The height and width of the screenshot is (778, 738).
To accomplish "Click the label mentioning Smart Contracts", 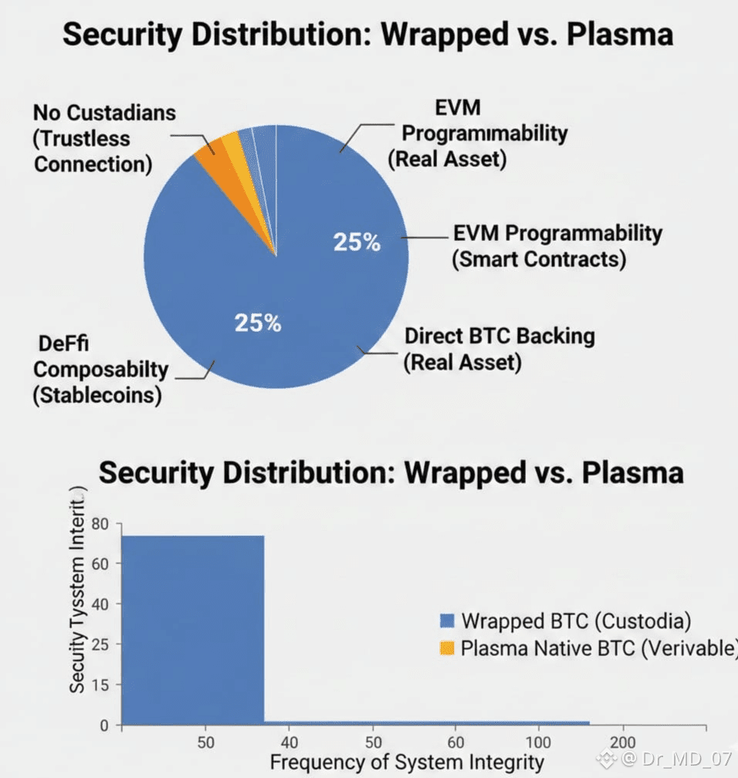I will click(557, 245).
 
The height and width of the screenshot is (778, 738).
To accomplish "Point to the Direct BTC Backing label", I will click(499, 348).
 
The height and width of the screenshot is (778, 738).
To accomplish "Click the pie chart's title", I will click(367, 35).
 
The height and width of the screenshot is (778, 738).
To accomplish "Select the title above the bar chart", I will click(391, 472).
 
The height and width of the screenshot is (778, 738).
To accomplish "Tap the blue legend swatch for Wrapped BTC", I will click(447, 621).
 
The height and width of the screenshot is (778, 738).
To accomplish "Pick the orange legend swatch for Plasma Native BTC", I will click(447, 648).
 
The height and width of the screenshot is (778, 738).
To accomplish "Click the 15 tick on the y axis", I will click(102, 685).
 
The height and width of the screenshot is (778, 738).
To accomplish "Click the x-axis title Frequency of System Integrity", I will click(407, 762).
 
